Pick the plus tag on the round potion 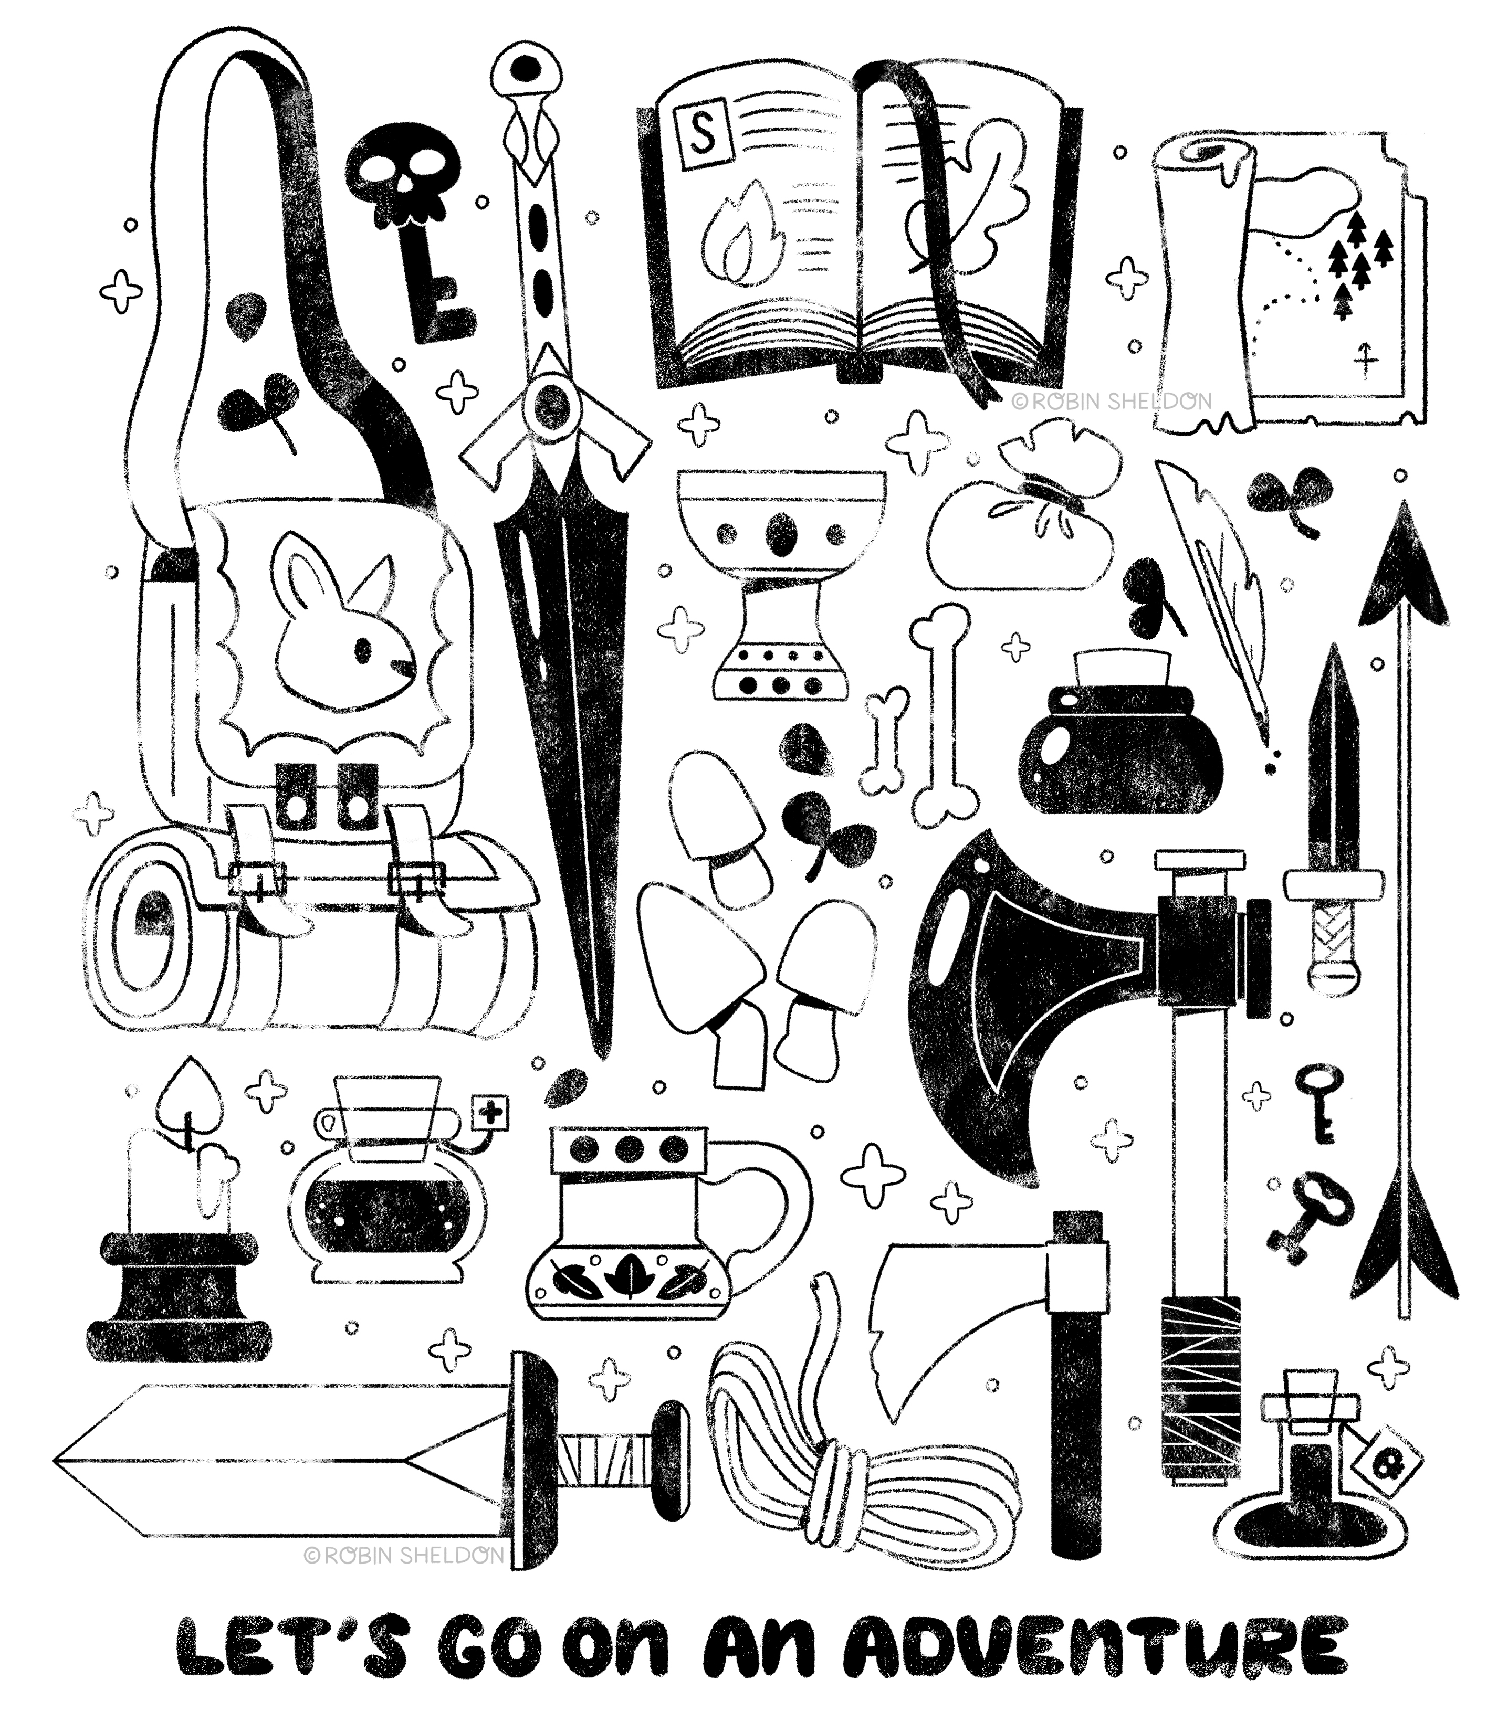[490, 1115]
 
